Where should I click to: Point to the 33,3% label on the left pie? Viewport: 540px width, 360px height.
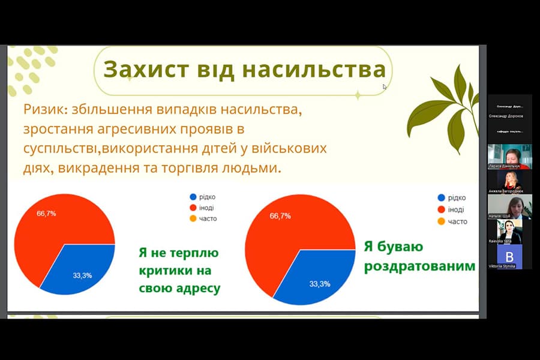[82, 275]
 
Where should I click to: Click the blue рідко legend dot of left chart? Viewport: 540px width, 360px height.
[193, 197]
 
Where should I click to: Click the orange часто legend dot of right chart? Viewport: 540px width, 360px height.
[442, 221]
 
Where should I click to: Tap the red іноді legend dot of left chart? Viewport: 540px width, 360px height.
[193, 208]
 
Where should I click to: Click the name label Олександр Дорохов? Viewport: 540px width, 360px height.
[506, 116]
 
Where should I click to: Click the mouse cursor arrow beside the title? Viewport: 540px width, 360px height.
[385, 86]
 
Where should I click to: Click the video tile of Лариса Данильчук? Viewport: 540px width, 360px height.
[509, 155]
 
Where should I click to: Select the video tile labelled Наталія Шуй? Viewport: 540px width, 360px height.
[509, 206]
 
